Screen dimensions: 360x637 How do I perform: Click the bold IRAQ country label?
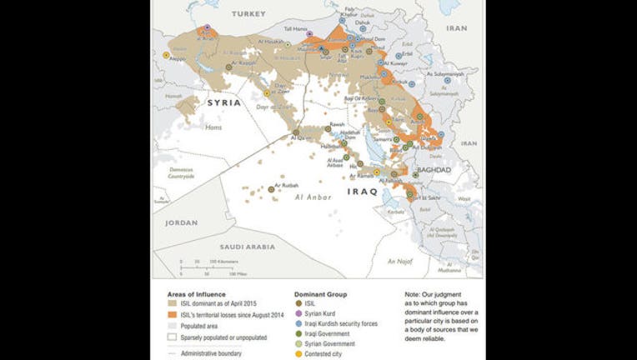pos(363,192)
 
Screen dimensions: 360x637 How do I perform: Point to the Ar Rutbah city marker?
pos(272,189)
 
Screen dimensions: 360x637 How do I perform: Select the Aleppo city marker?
pos(166,54)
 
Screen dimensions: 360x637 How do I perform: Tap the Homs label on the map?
pos(189,127)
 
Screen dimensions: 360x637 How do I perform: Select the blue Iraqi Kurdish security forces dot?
pos(298,324)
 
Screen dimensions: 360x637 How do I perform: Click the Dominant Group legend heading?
pos(321,294)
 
